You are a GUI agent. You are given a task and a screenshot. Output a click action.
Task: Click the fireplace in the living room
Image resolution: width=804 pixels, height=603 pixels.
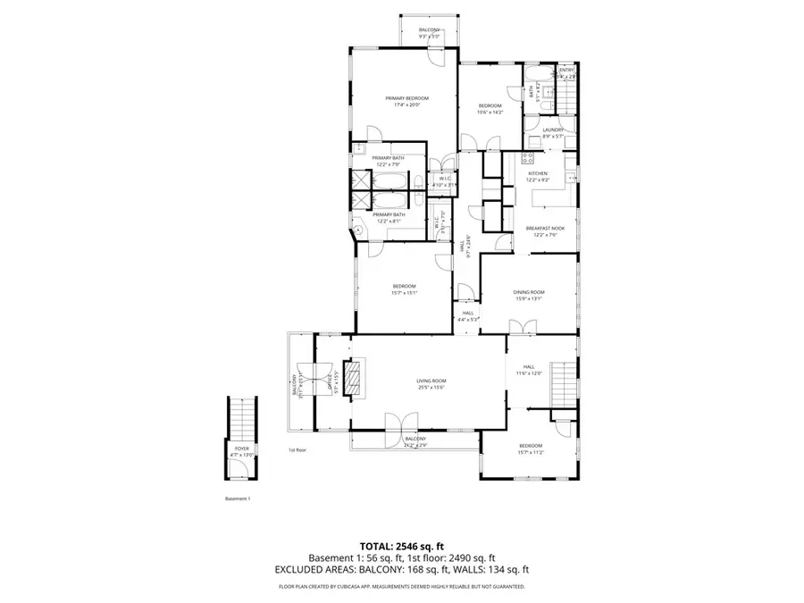pyautogui.click(x=356, y=376)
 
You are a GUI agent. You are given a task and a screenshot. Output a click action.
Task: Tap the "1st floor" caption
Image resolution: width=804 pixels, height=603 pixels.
pyautogui.click(x=297, y=450)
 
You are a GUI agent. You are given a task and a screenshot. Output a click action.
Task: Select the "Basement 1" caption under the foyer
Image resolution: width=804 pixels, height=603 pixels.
pyautogui.click(x=238, y=498)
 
